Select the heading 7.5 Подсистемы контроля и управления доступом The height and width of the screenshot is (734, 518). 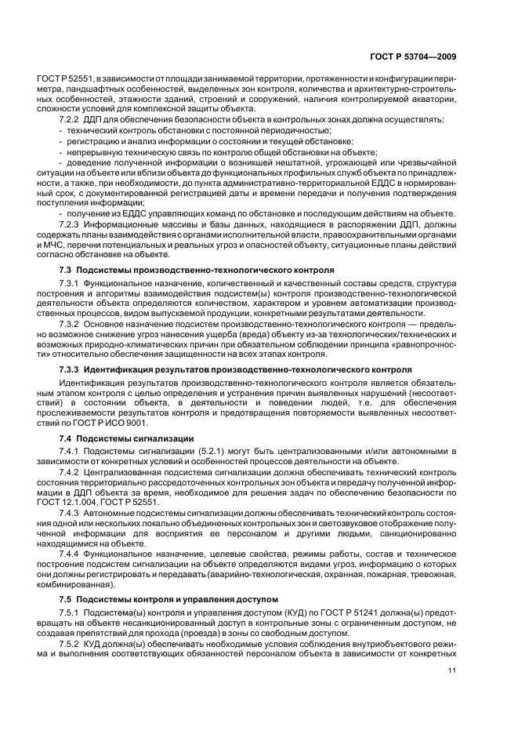pyautogui.click(x=168, y=599)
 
